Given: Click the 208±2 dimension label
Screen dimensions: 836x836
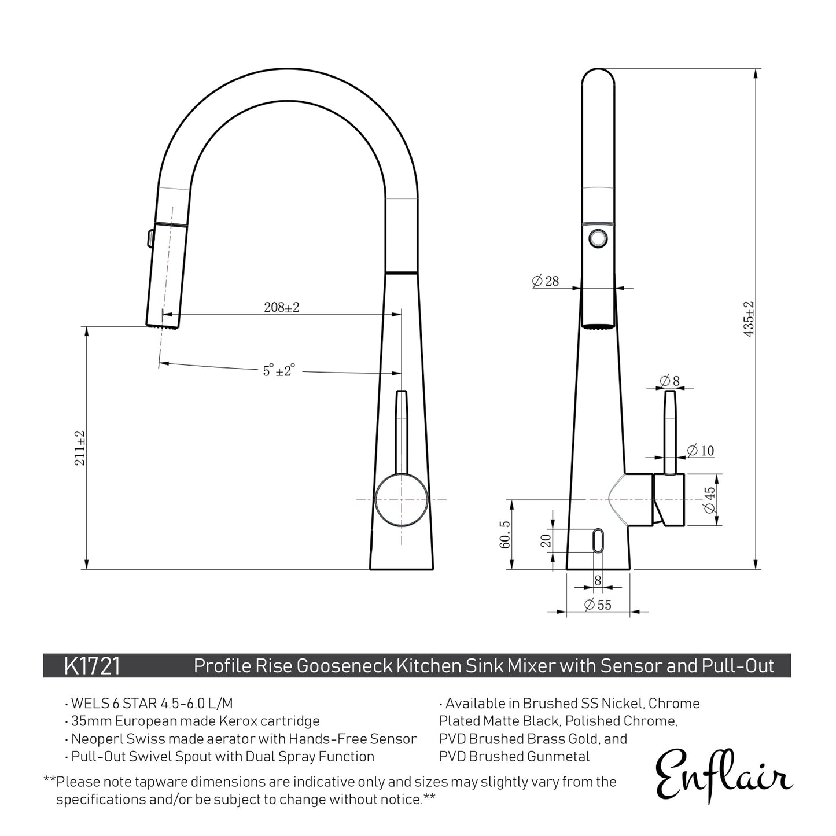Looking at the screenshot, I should pos(281,307).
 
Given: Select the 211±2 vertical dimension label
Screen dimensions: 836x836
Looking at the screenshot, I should pos(80,448).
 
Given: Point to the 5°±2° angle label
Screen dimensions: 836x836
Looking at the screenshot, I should pos(279,370).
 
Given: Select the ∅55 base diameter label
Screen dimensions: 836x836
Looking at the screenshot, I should pos(598,605).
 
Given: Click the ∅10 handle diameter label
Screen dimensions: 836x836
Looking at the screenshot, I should pos(701,451).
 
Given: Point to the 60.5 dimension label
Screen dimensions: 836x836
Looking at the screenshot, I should pos(504,535).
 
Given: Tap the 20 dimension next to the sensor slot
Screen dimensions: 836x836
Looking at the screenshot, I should pos(546,541).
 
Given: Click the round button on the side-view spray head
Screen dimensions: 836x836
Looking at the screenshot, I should pos(598,238).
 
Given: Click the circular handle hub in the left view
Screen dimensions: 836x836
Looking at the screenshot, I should pos(402,499).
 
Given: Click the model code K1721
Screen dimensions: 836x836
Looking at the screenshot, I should pos(92,666).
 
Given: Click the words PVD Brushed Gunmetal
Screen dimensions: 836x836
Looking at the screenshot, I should pos(514,756).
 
